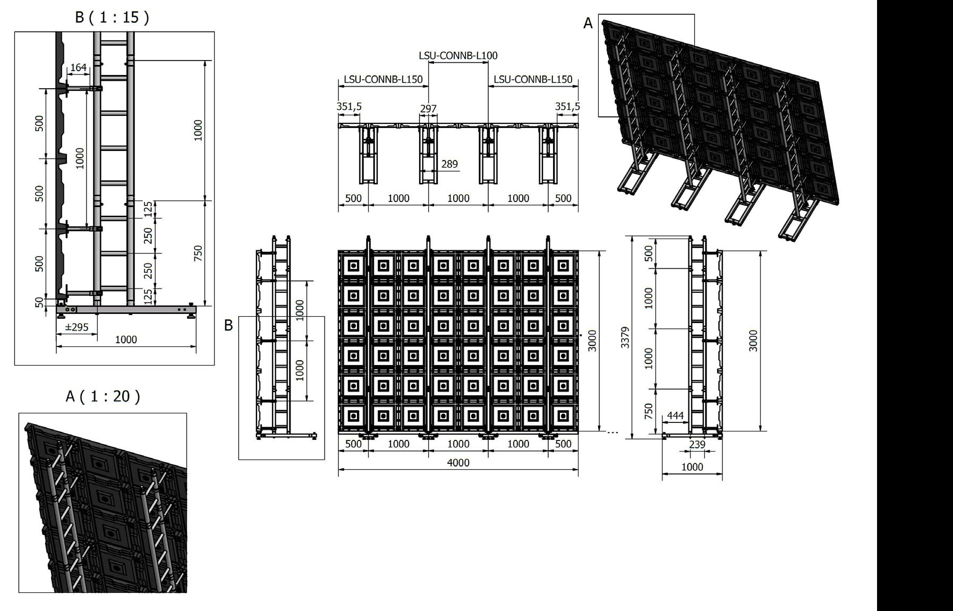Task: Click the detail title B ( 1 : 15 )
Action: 112,18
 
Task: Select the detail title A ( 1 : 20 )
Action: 103,396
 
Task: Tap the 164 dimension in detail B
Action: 78,67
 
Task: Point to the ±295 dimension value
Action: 76,327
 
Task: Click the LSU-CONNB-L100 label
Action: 458,55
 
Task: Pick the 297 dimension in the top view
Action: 428,108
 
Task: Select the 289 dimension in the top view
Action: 449,164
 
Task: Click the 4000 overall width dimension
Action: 458,463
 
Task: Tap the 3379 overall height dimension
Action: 625,337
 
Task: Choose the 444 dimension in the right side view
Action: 675,415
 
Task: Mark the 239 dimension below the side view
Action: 697,444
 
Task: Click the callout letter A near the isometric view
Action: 588,23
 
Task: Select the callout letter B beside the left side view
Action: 228,325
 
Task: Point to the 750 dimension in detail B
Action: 198,253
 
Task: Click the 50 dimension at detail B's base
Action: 39,302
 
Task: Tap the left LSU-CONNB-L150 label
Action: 383,80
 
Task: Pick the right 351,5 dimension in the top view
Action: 567,106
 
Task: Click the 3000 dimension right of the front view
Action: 593,341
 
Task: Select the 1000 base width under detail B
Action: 126,340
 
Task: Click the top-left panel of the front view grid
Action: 353,265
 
